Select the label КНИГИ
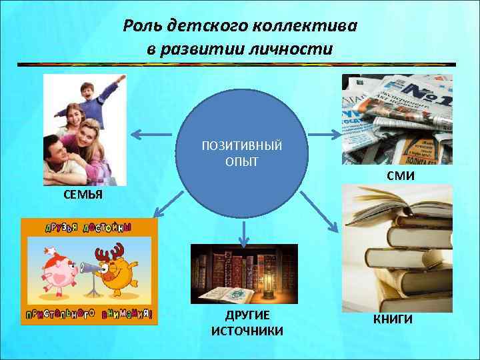(x=393, y=319)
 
